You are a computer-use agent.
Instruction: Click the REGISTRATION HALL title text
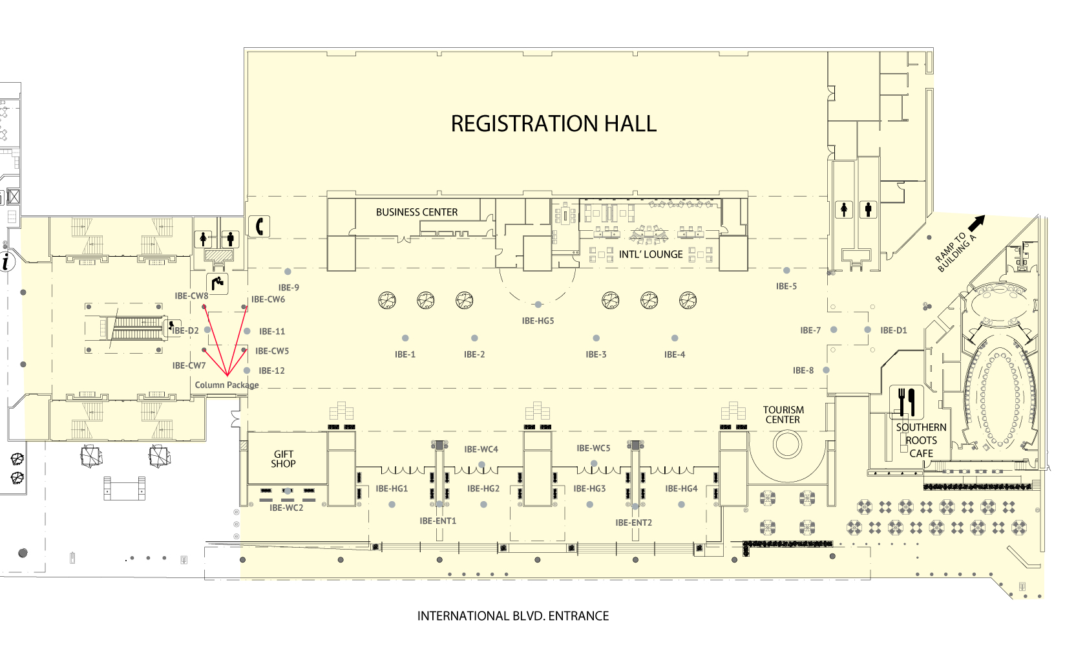pyautogui.click(x=553, y=124)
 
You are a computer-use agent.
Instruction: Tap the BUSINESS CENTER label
pyautogui.click(x=416, y=212)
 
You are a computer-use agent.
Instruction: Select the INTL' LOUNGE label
pyautogui.click(x=650, y=255)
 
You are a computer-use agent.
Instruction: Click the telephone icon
pyautogui.click(x=260, y=226)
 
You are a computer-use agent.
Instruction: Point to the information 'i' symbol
pyautogui.click(x=6, y=262)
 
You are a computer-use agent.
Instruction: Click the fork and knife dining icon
pyautogui.click(x=907, y=402)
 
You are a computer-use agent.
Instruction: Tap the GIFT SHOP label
pyautogui.click(x=283, y=459)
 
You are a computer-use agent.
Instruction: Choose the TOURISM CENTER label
pyautogui.click(x=783, y=414)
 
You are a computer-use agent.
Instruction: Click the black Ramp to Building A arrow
pyautogui.click(x=976, y=223)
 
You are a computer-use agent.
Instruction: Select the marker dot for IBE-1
pyautogui.click(x=405, y=338)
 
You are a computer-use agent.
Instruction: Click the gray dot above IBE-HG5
pyautogui.click(x=538, y=305)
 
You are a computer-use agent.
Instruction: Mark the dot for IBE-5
pyautogui.click(x=786, y=271)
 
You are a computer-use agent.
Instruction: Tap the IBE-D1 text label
pyautogui.click(x=893, y=330)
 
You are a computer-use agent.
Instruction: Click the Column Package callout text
pyautogui.click(x=226, y=385)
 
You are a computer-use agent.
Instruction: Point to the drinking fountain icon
pyautogui.click(x=217, y=283)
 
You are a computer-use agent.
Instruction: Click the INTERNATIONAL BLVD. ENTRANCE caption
pyautogui.click(x=512, y=616)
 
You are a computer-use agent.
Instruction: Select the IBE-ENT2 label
pyautogui.click(x=633, y=522)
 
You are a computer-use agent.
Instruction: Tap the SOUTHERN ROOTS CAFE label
pyautogui.click(x=921, y=440)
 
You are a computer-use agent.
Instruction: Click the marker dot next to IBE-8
pyautogui.click(x=826, y=371)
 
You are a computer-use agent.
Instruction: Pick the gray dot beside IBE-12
pyautogui.click(x=247, y=371)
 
